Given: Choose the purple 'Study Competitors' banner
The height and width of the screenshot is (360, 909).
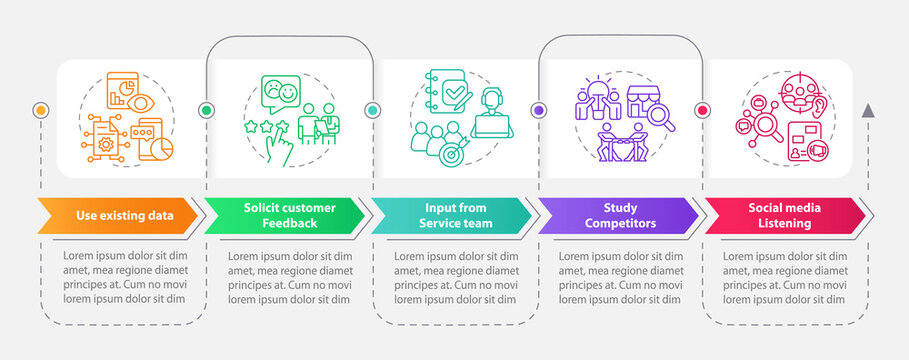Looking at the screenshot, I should [614, 215].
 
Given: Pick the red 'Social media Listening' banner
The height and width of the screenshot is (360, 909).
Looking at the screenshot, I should [782, 215].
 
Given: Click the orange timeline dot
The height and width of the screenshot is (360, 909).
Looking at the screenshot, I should [41, 109].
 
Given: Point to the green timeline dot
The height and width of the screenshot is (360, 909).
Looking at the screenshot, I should [207, 110].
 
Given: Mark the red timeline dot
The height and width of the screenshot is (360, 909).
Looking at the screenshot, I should [701, 110].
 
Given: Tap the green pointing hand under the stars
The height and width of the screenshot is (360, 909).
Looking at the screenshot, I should [283, 148].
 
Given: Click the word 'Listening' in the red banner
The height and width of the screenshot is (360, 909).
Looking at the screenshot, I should [783, 223].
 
